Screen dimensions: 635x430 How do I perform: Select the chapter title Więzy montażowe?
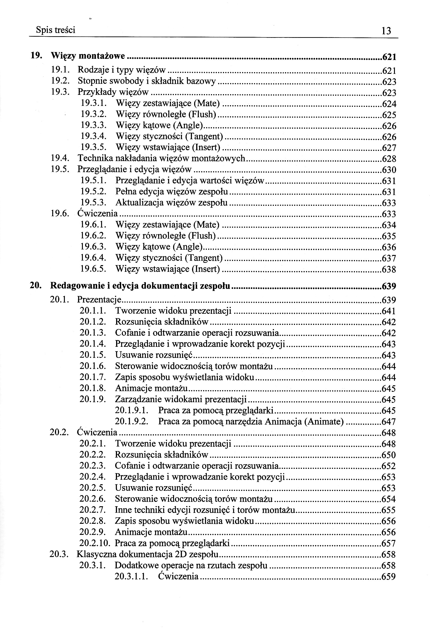coord(88,56)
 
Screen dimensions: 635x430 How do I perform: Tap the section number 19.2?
coord(60,81)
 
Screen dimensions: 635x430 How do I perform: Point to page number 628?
coord(389,159)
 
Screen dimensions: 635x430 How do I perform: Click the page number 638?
coord(389,270)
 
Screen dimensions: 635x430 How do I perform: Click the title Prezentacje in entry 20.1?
coord(99,300)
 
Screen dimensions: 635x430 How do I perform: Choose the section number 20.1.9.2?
coord(132,421)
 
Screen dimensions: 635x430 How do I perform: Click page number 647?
coord(388,422)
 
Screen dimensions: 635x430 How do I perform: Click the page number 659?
coord(388,577)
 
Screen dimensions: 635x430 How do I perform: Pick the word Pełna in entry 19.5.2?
coord(125,192)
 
